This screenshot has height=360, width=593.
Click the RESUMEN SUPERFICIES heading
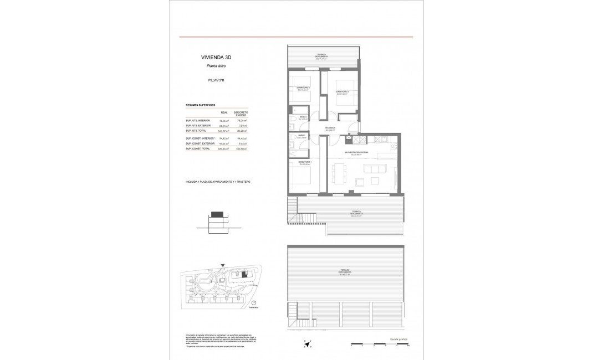(x=200, y=104)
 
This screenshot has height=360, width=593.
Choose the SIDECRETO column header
(x=241, y=112)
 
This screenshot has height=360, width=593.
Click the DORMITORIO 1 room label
(x=305, y=162)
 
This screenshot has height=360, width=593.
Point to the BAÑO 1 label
(x=302, y=135)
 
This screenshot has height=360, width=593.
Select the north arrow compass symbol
(x=307, y=344)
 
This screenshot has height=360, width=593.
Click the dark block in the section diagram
(x=218, y=214)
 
